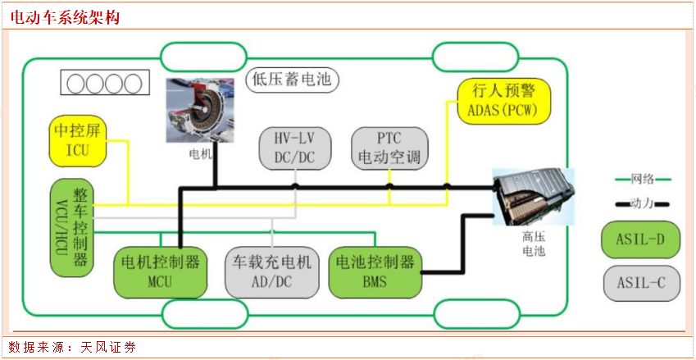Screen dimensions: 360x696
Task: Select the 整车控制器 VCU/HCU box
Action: [71, 226]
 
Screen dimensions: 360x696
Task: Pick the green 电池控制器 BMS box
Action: [375, 271]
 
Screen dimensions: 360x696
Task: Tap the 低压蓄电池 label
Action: [292, 80]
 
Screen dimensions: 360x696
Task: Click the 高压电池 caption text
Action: [533, 244]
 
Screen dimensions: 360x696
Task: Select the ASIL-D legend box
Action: [641, 240]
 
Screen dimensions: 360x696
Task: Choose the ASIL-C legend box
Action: [641, 284]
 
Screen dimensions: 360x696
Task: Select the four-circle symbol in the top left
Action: [104, 83]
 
